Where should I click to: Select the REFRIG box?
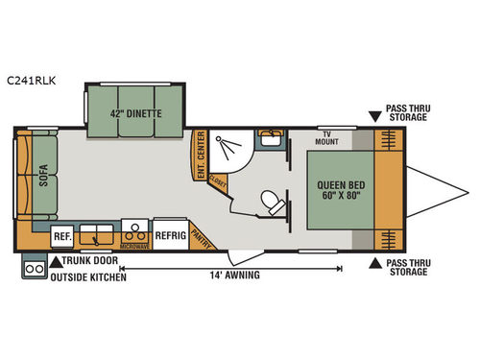coord(169,234)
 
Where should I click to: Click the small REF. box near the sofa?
coord(62,234)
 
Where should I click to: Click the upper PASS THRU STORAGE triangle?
coord(374,117)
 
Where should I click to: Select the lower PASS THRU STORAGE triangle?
coord(374,260)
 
